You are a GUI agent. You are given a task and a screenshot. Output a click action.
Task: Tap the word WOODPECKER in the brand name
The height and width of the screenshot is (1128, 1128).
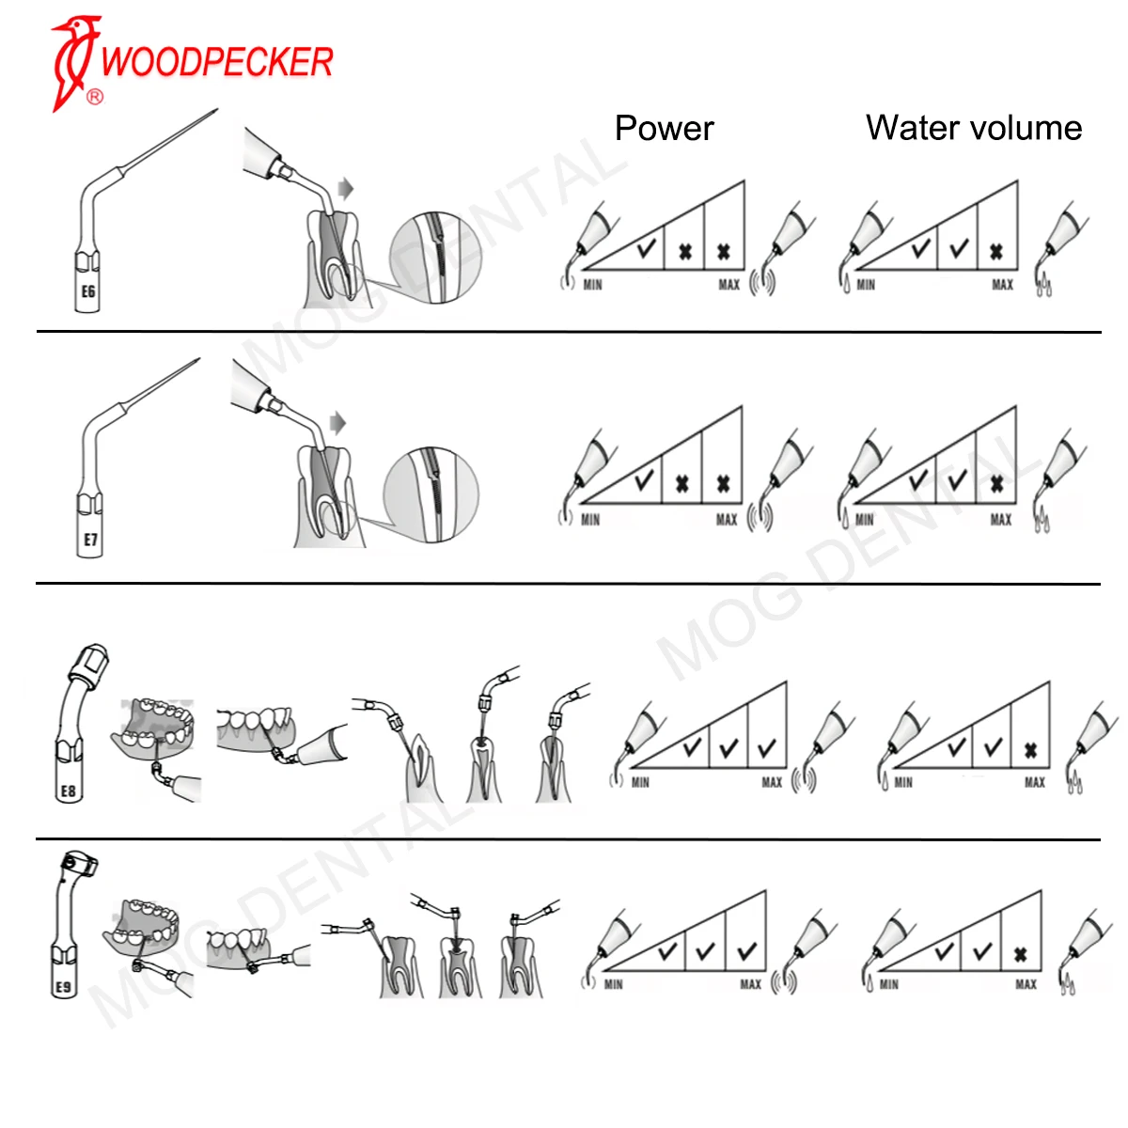click(x=217, y=62)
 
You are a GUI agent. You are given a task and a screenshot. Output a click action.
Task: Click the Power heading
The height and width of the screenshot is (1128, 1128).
click(x=664, y=128)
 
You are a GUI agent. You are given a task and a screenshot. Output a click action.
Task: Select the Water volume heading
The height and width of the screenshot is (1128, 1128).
click(x=974, y=128)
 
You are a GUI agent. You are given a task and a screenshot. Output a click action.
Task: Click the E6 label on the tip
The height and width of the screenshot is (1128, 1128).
click(x=88, y=291)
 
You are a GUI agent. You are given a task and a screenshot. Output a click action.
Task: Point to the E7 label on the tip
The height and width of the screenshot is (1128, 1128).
click(x=90, y=540)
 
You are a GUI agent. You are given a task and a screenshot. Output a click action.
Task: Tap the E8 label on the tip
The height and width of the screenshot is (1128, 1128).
click(x=68, y=791)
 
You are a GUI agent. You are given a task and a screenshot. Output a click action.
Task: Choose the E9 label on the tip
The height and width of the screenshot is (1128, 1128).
click(x=63, y=987)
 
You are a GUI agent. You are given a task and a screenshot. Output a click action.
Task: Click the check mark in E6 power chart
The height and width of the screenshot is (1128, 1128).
click(x=646, y=250)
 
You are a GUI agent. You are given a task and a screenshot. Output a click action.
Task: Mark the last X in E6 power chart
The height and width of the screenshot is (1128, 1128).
click(x=724, y=252)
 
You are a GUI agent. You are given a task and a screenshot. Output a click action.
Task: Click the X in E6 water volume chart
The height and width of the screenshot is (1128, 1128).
click(x=996, y=252)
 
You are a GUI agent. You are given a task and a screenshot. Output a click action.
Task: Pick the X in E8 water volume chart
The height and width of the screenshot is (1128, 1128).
click(x=1030, y=750)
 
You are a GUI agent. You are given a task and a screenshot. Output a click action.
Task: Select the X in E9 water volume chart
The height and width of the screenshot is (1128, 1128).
click(x=1021, y=955)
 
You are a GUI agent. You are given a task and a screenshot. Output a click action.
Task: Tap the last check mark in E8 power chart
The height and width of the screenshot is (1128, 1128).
click(x=767, y=748)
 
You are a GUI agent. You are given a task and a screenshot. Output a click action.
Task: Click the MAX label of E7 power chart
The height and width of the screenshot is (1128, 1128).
click(x=727, y=520)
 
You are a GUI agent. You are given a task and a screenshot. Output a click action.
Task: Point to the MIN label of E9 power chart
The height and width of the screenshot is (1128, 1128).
click(x=614, y=984)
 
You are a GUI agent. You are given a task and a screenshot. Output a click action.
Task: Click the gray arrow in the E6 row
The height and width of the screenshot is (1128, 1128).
click(x=346, y=189)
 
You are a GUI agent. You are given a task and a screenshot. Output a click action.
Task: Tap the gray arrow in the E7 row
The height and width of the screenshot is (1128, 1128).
click(x=337, y=422)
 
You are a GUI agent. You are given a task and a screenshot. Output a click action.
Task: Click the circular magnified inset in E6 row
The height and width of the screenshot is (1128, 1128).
click(x=436, y=258)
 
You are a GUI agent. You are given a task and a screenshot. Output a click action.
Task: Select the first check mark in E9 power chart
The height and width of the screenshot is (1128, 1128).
click(x=667, y=952)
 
